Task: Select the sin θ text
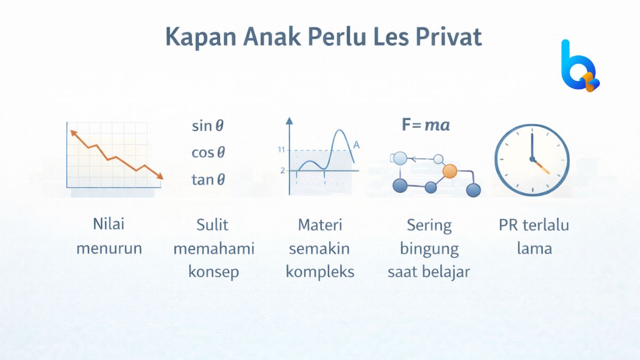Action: tap(208, 126)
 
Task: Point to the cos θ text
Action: tap(208, 153)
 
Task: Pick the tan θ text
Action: tap(208, 180)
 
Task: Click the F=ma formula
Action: tap(426, 125)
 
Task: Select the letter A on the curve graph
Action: tap(356, 145)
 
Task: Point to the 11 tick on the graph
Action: tap(282, 150)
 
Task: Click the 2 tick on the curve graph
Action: tap(283, 171)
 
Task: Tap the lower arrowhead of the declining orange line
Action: tap(159, 176)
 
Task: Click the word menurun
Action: tap(109, 249)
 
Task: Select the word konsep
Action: tap(213, 271)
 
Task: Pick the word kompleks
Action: tap(320, 271)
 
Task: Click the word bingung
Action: tap(429, 249)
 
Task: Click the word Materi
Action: tap(320, 225)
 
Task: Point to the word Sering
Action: tap(429, 225)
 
